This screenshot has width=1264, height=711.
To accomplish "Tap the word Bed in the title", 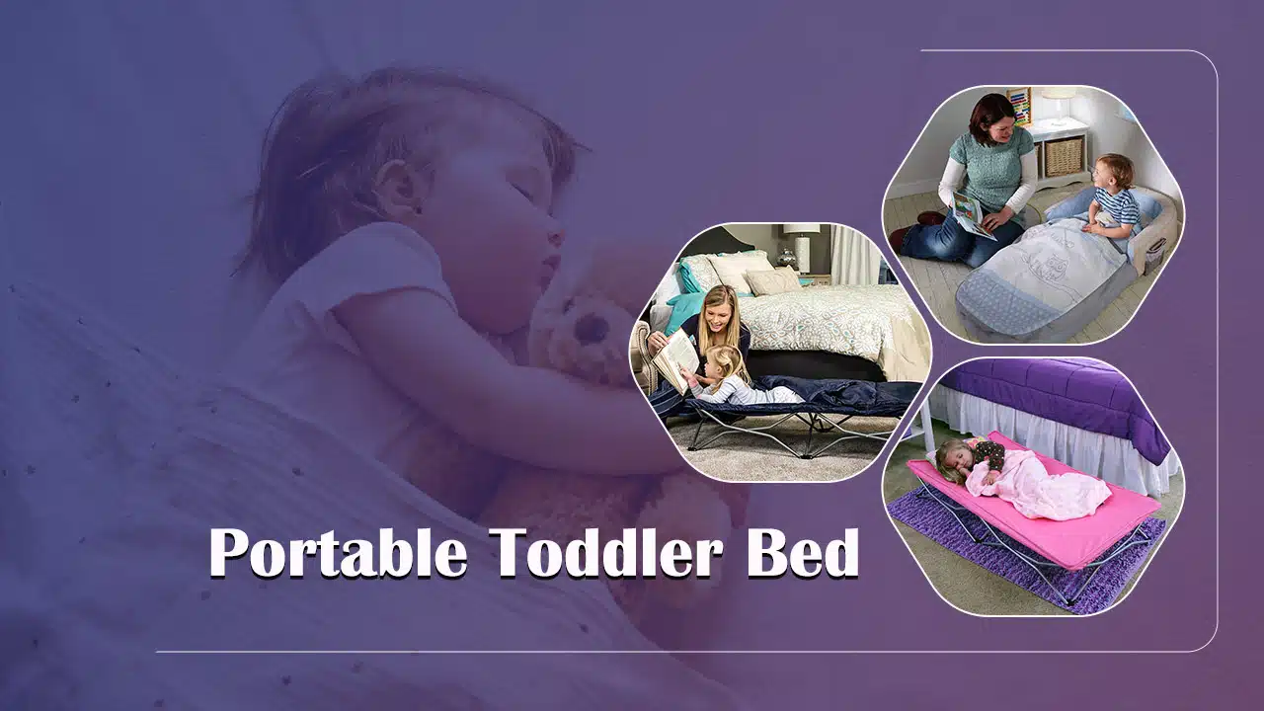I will coord(802,552).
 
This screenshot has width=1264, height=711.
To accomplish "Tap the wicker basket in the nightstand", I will coord(1064,155).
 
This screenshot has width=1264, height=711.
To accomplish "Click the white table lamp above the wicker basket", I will coord(1058,103).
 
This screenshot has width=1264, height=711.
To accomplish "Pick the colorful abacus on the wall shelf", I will coord(1018,105).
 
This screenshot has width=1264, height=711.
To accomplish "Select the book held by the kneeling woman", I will coord(970,213).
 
